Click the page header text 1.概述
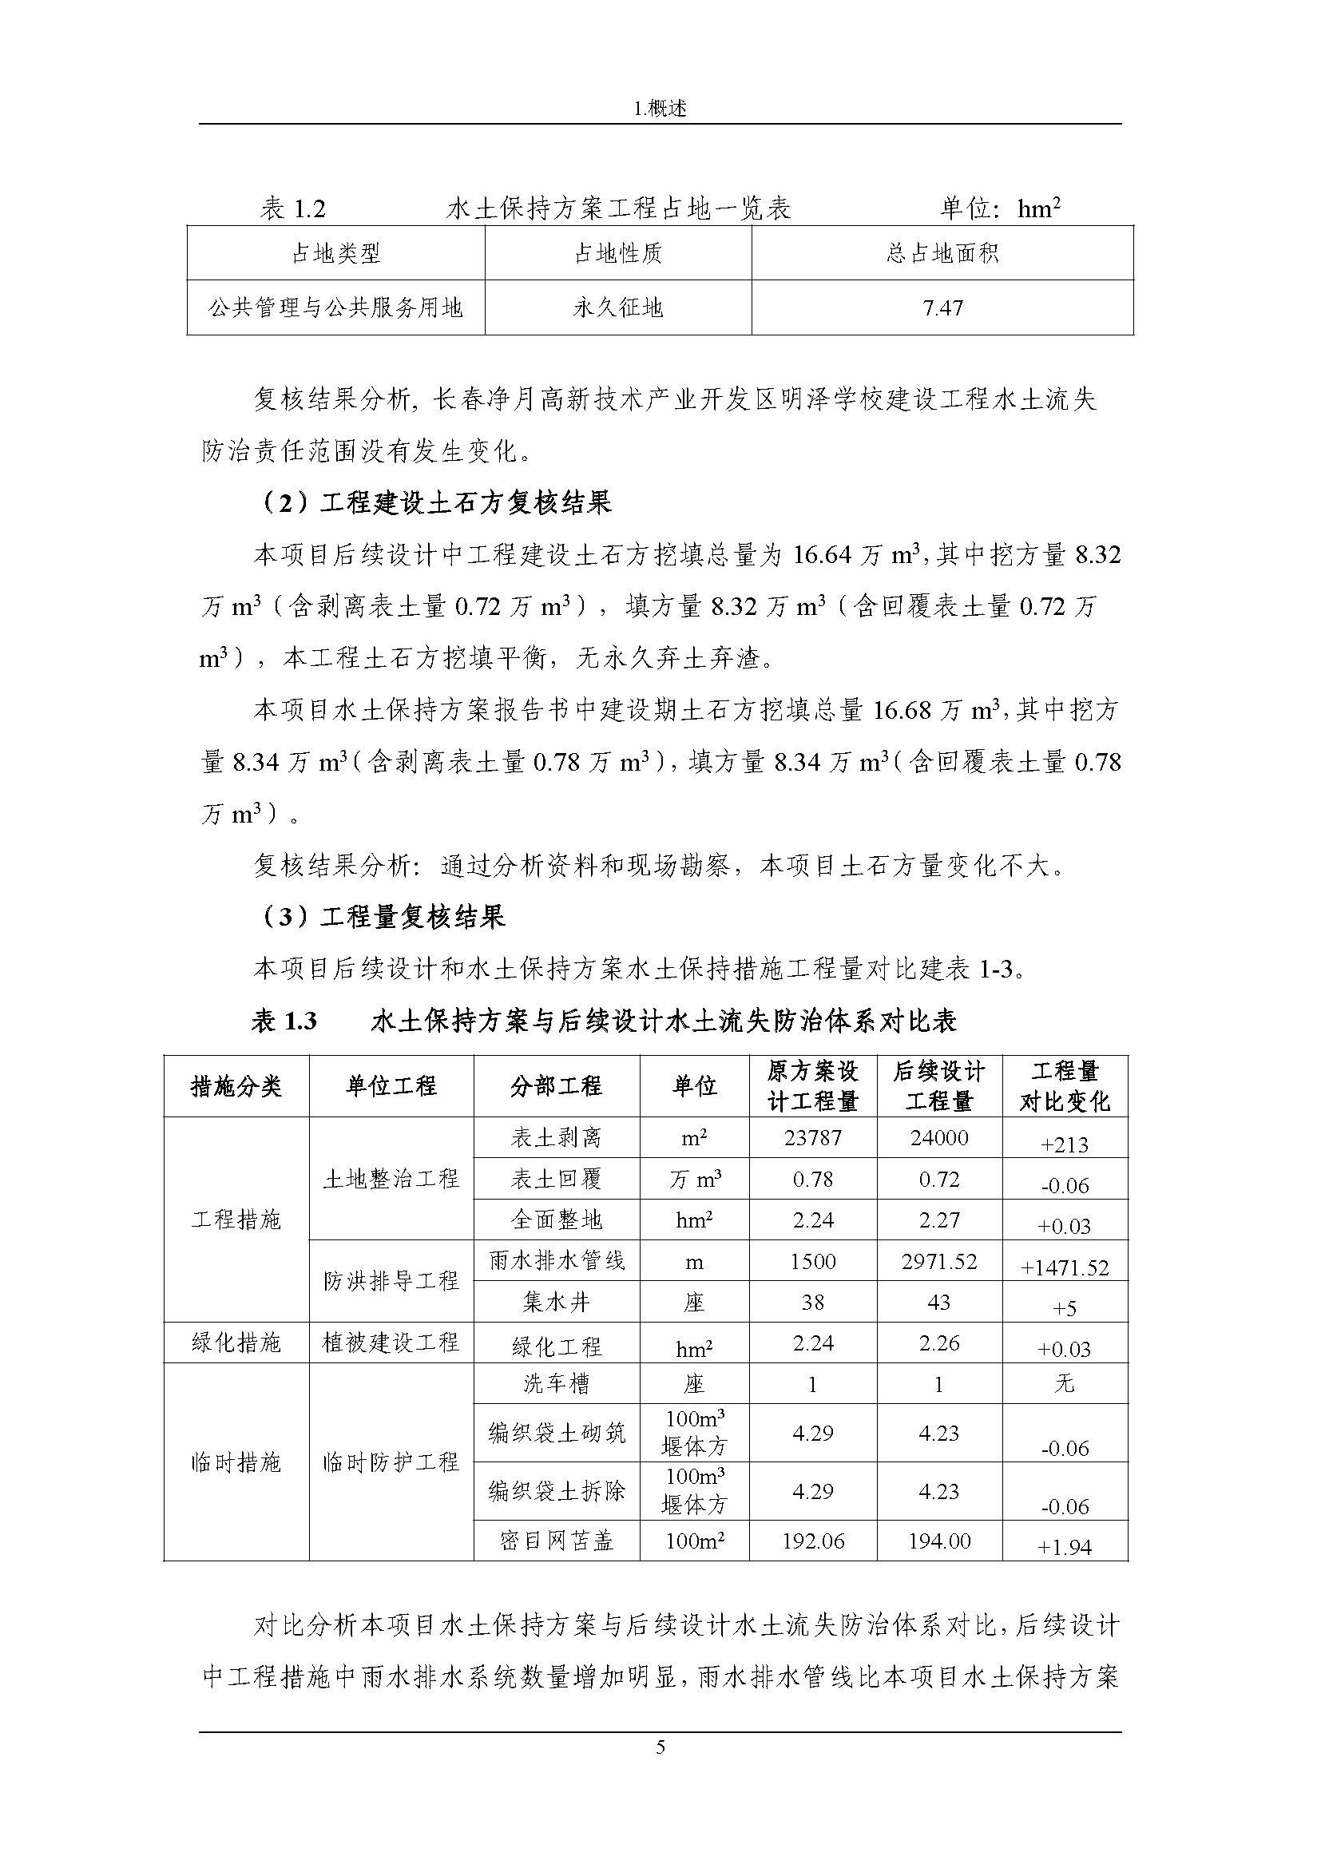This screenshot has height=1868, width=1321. [660, 109]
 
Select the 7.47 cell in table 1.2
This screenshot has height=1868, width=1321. [942, 308]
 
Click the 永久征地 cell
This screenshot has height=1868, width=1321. [618, 308]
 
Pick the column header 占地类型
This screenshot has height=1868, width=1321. [336, 254]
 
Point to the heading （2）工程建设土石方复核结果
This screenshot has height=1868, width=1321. [435, 504]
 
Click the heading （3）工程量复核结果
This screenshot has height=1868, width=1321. [383, 917]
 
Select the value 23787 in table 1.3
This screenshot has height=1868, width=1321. [812, 1137]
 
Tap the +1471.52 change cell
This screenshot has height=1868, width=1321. [1065, 1267]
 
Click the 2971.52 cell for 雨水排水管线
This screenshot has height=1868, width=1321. [938, 1261]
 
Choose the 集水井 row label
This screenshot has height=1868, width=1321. [557, 1303]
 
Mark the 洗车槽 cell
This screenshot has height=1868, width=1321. [557, 1383]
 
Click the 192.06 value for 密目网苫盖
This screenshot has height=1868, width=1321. [812, 1541]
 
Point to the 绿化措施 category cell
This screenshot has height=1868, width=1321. [236, 1343]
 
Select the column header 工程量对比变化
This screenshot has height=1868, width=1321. [1065, 1086]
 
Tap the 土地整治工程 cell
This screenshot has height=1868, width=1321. [391, 1179]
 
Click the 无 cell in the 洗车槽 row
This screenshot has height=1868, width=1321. [1065, 1383]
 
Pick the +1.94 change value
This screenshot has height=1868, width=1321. [1065, 1548]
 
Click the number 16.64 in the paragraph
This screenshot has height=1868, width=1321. [823, 556]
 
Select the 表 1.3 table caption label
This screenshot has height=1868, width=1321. [284, 1021]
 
